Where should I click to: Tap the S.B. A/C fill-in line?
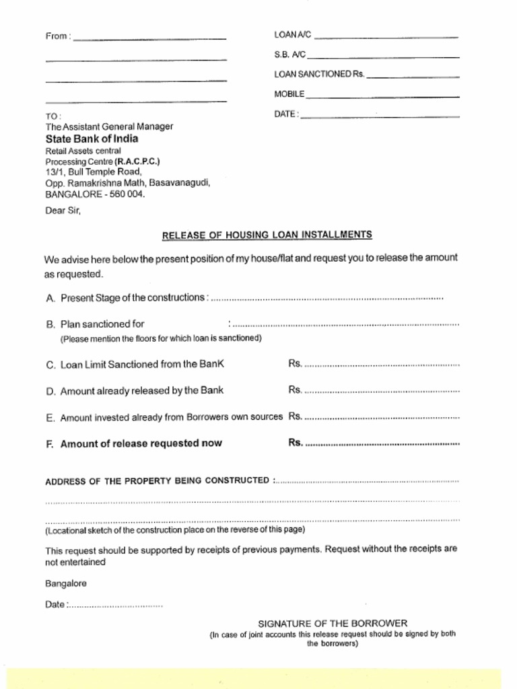pyautogui.click(x=383, y=57)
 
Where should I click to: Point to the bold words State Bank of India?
pyautogui.click(x=92, y=139)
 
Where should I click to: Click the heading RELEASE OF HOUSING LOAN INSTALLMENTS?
pyautogui.click(x=267, y=235)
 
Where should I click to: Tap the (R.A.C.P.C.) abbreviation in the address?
pyautogui.click(x=137, y=161)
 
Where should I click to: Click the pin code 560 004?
pyautogui.click(x=127, y=194)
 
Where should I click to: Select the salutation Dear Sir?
pyautogui.click(x=63, y=210)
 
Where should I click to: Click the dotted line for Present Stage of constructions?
pyautogui.click(x=327, y=297)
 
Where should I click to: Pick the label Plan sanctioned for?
pyautogui.click(x=102, y=324)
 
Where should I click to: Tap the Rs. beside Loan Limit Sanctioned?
pyautogui.click(x=295, y=364)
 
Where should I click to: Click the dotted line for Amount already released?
pyautogui.click(x=382, y=391)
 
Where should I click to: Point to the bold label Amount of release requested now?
pyautogui.click(x=141, y=443)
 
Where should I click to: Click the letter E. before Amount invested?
pyautogui.click(x=50, y=418)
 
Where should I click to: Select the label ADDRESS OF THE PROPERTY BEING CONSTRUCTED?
pyautogui.click(x=158, y=481)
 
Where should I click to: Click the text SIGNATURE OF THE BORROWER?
pyautogui.click(x=333, y=624)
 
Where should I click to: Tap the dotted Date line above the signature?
pyautogui.click(x=115, y=606)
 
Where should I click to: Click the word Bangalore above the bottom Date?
pyautogui.click(x=66, y=583)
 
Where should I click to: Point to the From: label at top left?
pyautogui.click(x=58, y=36)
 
